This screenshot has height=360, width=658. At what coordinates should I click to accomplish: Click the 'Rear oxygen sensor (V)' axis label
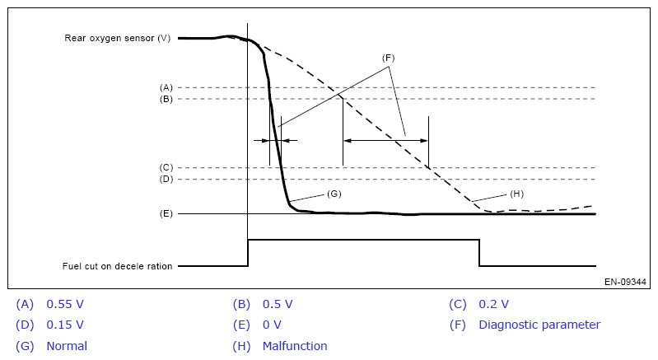(117, 38)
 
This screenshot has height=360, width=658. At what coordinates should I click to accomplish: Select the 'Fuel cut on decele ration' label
(117, 266)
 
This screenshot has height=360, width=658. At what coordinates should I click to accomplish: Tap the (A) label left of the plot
(166, 87)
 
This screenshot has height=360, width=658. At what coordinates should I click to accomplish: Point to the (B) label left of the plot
(166, 99)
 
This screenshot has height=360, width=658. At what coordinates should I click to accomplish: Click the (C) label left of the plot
(166, 167)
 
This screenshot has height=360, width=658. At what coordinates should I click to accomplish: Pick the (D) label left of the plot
(166, 179)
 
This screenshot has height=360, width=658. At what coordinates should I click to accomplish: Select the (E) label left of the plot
(166, 213)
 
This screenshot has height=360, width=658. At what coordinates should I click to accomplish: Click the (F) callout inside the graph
(389, 58)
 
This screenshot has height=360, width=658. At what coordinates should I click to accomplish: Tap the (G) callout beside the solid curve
(334, 193)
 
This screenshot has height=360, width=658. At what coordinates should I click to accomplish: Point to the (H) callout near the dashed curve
(516, 194)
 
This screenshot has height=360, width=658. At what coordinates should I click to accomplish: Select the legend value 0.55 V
(66, 304)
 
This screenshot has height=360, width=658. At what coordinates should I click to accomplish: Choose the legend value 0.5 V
(278, 304)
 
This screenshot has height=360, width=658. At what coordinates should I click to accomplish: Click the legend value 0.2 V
(493, 304)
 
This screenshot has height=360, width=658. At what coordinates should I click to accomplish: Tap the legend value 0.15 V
(66, 325)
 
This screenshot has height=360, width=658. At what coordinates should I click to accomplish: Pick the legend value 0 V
(272, 325)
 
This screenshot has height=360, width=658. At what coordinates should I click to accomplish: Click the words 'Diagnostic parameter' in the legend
(539, 325)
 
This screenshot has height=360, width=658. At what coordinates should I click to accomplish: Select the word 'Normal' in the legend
(67, 346)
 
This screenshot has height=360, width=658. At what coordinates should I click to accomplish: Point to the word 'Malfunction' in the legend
(295, 346)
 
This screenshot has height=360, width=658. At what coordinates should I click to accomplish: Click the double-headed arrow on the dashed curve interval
(385, 141)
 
